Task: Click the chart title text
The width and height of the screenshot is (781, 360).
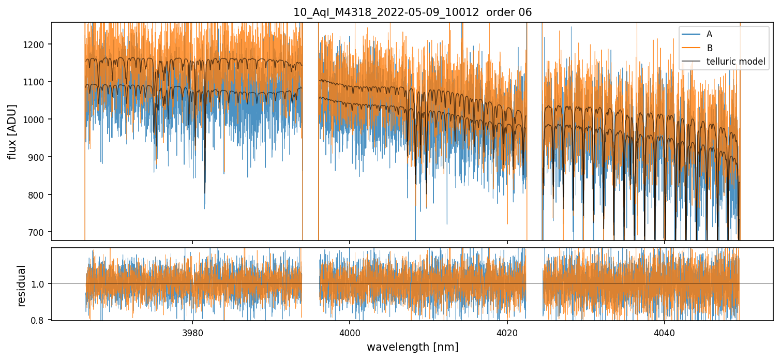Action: pos(412,12)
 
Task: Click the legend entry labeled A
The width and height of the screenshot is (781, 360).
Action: pos(709,34)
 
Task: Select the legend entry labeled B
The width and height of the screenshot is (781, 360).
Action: pos(709,48)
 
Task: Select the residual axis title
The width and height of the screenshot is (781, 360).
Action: pos(21,285)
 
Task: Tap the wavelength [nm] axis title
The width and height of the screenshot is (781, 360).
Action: pos(412,347)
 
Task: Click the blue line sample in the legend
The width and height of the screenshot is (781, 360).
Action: pos(691,34)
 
